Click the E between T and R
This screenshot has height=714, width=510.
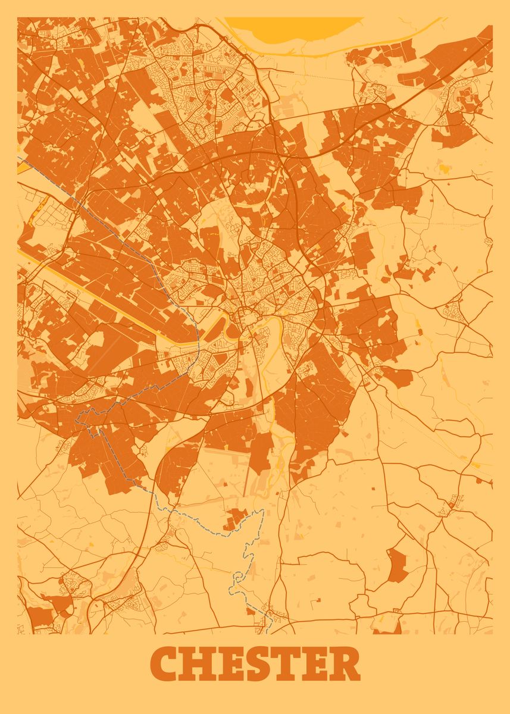coord(314,664)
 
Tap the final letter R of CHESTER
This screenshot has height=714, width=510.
coord(345,664)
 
